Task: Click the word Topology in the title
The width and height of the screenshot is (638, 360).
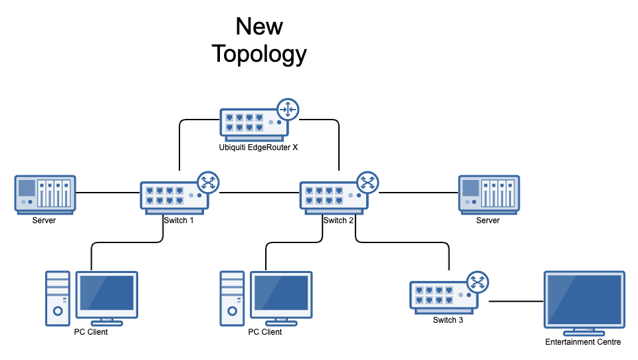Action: coord(259,54)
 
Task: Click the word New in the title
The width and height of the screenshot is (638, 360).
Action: coord(259,27)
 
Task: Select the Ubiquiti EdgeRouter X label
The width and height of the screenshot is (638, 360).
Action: coord(259,147)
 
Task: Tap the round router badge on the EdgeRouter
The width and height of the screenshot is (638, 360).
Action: coord(288,109)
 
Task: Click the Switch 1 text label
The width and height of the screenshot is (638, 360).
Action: coord(179,221)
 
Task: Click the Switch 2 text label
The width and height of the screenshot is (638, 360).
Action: coord(338,221)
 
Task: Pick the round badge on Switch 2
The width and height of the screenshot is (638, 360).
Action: coord(368,182)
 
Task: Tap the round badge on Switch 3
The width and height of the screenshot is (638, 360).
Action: coord(477,282)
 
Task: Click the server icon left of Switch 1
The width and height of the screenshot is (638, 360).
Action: coord(45,194)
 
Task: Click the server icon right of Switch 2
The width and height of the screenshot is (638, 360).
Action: coord(488,194)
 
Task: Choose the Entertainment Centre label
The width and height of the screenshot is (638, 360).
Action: coord(583,342)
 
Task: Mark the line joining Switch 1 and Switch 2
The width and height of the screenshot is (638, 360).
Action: coord(259,193)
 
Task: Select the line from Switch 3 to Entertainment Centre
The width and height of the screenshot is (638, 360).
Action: coord(516,301)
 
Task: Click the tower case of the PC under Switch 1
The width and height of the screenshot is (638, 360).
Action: coord(58,298)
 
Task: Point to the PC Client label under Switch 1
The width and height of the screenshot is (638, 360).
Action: coord(91,332)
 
